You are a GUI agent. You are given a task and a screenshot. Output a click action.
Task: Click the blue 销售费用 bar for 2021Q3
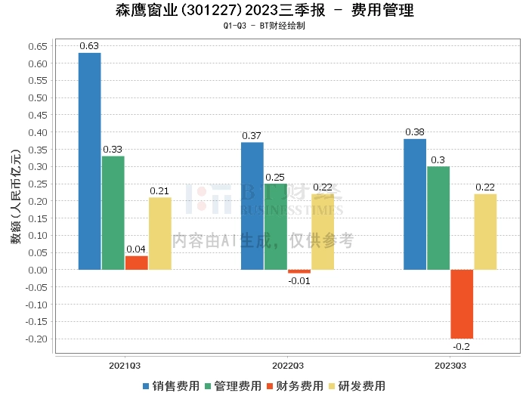click(89, 161)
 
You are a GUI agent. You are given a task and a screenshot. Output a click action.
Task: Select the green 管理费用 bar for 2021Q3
click(113, 212)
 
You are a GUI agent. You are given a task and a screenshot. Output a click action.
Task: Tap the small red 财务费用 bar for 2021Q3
click(136, 262)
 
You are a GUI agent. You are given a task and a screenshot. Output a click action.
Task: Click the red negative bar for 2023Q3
click(462, 304)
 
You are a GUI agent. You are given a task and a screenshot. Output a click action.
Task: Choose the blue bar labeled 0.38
click(415, 204)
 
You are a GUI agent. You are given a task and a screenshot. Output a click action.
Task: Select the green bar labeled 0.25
click(275, 227)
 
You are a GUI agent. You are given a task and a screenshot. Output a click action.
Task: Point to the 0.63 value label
click(89, 46)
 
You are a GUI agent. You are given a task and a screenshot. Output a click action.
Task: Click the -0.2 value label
click(462, 346)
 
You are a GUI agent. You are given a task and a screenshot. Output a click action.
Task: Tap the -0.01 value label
click(299, 280)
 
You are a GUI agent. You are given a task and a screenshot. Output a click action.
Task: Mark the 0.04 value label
click(136, 249)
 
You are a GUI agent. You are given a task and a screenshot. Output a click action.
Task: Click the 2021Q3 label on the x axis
click(125, 365)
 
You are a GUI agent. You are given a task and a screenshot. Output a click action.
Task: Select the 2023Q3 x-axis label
click(450, 365)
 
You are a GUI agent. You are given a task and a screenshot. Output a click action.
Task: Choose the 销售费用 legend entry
click(171, 385)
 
